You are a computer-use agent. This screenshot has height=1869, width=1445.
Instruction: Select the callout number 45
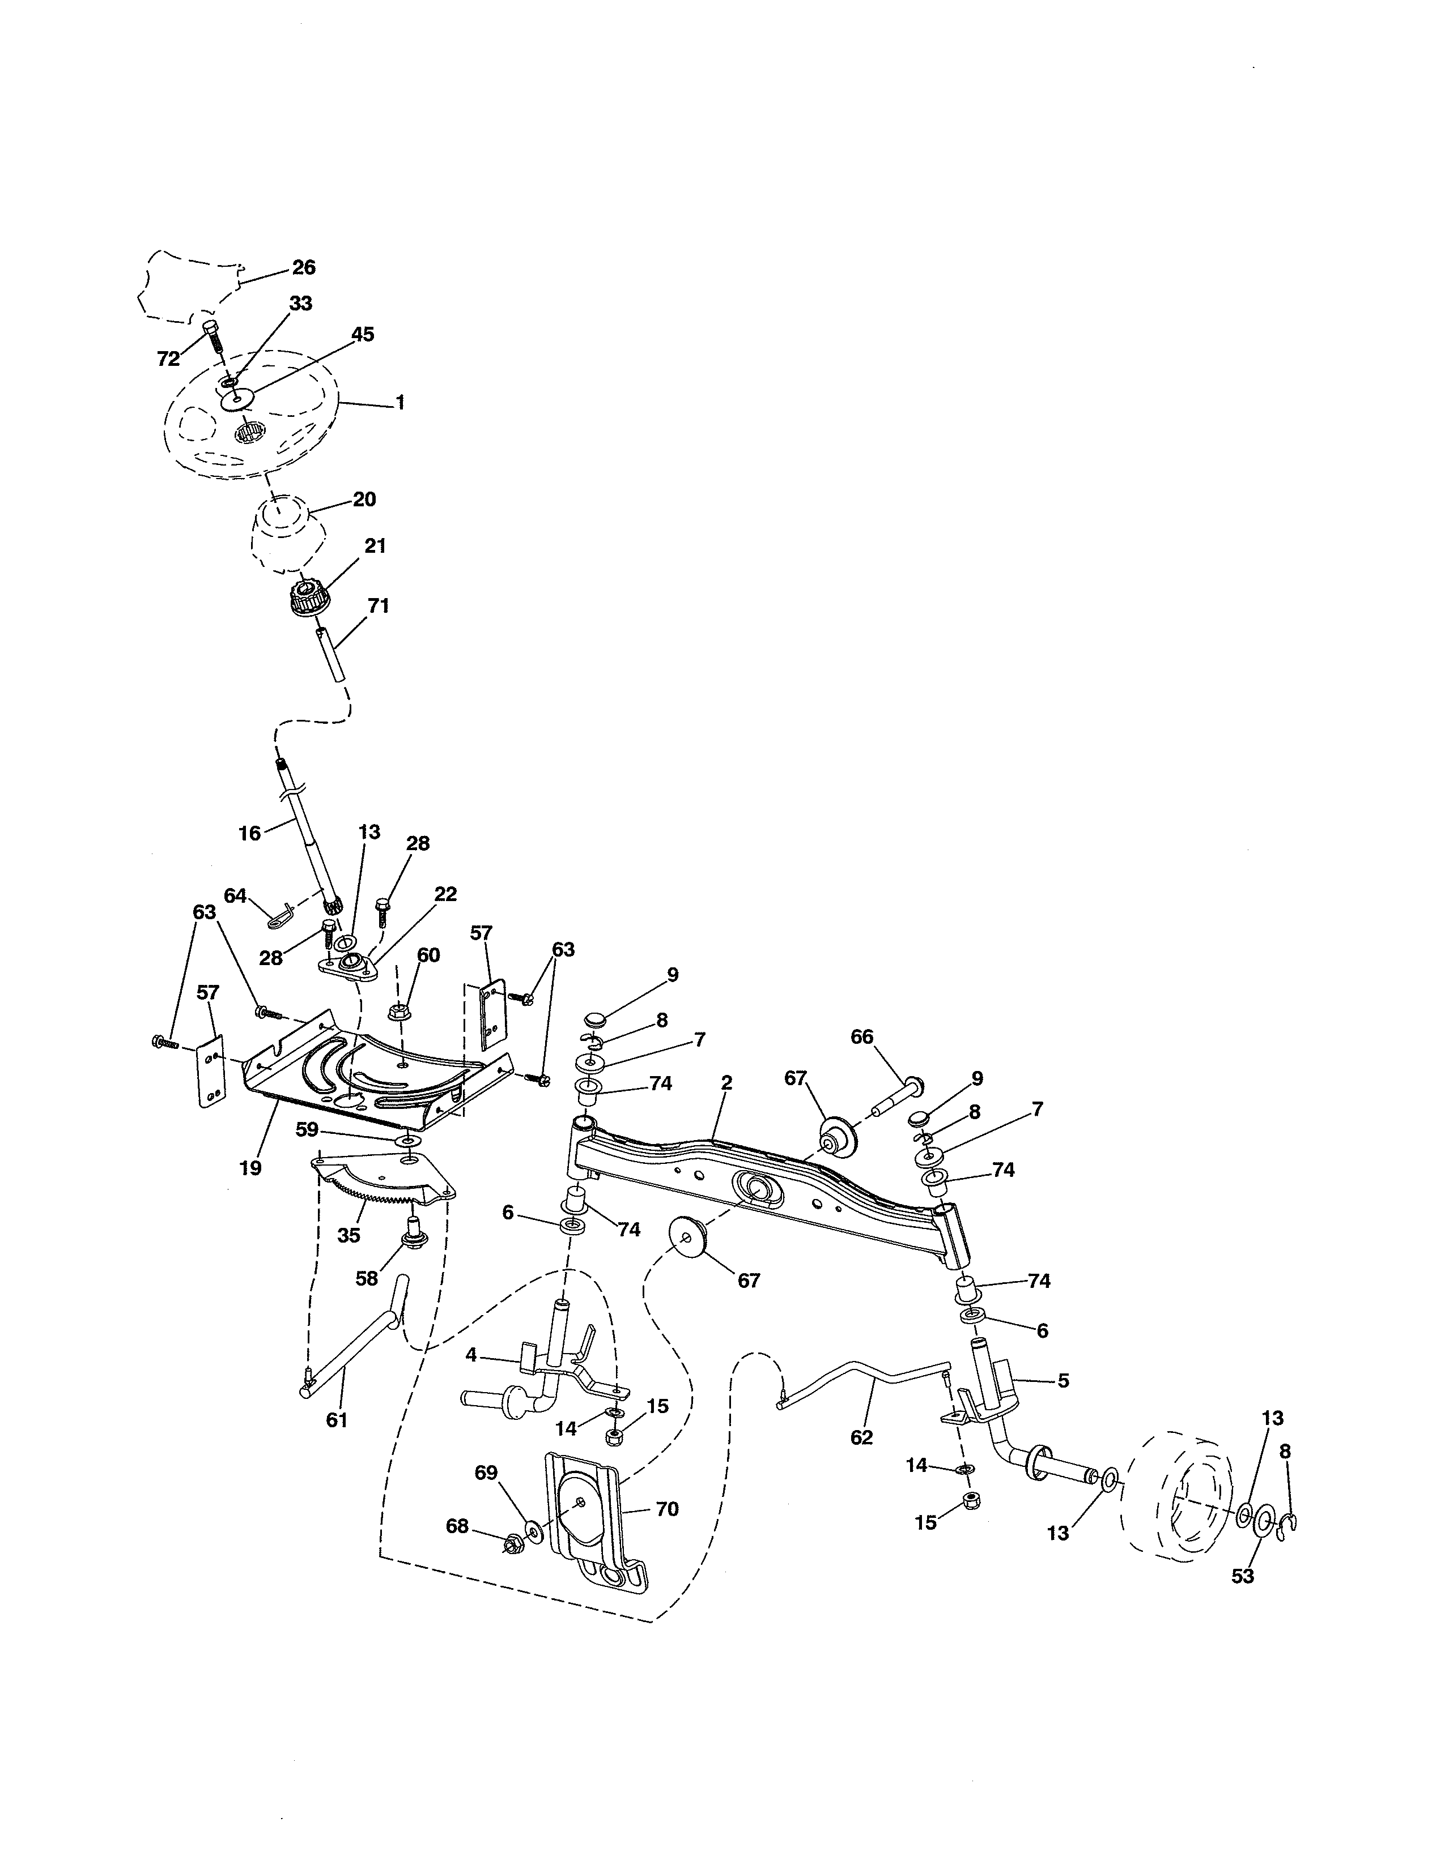[363, 335]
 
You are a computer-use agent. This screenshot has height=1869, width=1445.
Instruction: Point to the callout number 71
[377, 606]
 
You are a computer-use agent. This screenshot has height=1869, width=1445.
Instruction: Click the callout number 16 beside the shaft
[249, 833]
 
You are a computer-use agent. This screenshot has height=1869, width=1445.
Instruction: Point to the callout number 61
[337, 1420]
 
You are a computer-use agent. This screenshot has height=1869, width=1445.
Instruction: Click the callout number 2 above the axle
[726, 1082]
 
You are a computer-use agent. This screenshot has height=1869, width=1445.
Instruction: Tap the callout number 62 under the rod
[861, 1437]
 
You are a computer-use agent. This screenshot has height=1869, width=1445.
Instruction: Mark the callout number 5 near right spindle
[1062, 1380]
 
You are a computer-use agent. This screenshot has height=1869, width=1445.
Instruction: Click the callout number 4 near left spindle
[471, 1355]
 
